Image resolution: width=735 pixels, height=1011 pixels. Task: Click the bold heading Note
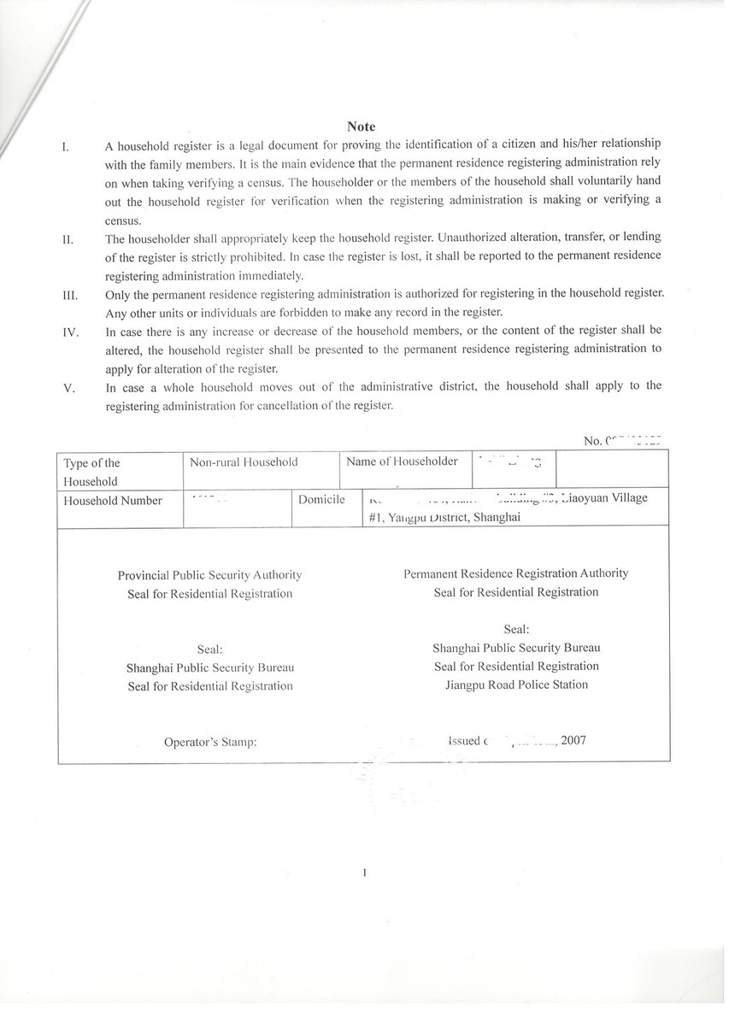pos(362,126)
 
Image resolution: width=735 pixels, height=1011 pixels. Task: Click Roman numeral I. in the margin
pos(66,145)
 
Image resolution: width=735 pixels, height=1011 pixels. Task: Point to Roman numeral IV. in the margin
pos(71,331)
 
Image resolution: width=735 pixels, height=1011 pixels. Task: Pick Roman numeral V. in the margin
pos(69,388)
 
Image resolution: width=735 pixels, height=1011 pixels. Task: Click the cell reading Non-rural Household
pos(244,462)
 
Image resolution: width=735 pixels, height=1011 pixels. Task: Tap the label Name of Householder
pos(402,461)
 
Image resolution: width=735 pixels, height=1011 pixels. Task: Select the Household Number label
pos(113,501)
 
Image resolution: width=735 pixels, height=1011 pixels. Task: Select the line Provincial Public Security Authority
pos(209,576)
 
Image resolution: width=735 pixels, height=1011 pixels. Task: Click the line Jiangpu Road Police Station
pos(516,685)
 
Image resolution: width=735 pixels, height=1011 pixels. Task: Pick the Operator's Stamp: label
pos(210,742)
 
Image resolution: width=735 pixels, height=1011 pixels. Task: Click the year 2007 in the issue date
pos(574,741)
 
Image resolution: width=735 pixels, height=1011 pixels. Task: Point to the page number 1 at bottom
pos(365,873)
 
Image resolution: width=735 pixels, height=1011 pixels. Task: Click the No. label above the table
pos(593,441)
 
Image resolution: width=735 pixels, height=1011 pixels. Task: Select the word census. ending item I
pos(123,220)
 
